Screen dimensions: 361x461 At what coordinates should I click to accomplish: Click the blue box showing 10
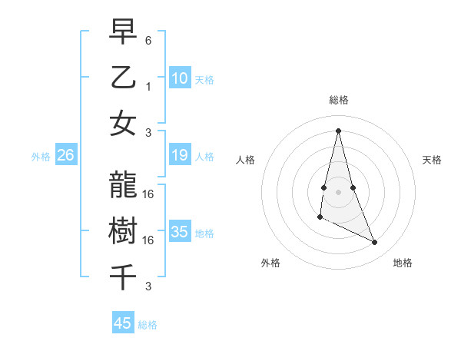(x=180, y=78)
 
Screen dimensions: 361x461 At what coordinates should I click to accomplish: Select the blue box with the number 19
(x=180, y=156)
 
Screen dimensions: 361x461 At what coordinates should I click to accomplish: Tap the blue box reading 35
(x=180, y=232)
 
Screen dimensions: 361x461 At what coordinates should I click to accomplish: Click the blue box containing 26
(x=66, y=156)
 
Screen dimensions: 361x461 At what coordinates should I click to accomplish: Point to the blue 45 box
(x=123, y=323)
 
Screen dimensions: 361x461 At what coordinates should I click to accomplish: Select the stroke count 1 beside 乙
(x=148, y=86)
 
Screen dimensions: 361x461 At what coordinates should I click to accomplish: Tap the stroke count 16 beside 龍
(x=149, y=194)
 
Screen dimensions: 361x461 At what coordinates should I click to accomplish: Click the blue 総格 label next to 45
(x=148, y=325)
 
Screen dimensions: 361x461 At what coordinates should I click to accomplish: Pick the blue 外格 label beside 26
(x=41, y=157)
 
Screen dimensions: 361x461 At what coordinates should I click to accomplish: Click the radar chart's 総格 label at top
(x=339, y=100)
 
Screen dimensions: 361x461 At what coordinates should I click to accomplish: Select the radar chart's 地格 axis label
(x=403, y=263)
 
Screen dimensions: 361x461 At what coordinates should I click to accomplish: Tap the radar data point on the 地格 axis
(x=375, y=242)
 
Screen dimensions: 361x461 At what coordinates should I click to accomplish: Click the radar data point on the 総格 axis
(x=338, y=130)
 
